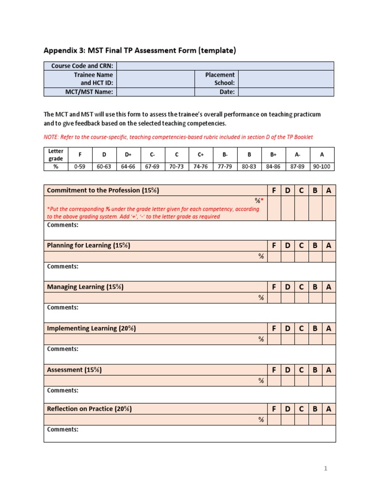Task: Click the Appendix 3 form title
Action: pos(140,51)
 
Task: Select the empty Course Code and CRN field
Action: pos(225,66)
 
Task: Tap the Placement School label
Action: pos(220,79)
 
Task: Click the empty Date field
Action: pos(285,92)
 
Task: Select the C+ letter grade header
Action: pos(200,155)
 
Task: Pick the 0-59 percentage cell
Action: pos(80,166)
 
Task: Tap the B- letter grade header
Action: pos(225,155)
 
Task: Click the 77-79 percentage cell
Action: pos(225,166)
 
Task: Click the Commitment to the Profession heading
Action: pos(103,190)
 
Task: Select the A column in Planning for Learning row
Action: pos(328,246)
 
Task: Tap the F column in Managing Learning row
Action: pos(274,287)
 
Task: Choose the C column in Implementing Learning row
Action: pos(301,329)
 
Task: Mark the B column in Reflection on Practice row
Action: pos(315,409)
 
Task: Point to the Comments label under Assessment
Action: pos(62,391)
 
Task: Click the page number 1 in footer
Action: pos(326,468)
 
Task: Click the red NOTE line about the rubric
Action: pos(178,137)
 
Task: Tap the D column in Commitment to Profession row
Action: pos(287,190)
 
